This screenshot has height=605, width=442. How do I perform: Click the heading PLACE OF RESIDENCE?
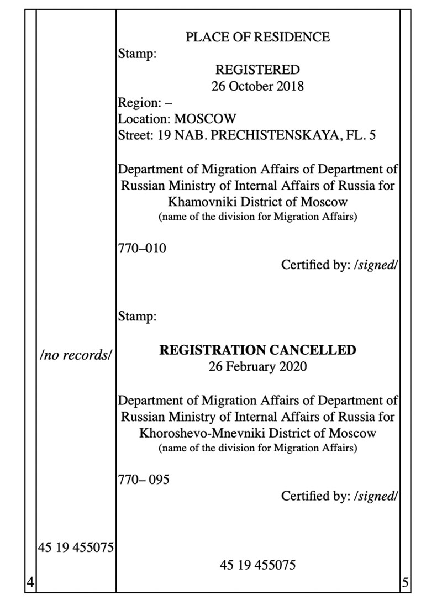(x=257, y=37)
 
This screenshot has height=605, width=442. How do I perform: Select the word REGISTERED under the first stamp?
(x=257, y=70)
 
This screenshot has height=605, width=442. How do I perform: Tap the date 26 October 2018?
(x=257, y=86)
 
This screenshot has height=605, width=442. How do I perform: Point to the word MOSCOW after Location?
(x=206, y=119)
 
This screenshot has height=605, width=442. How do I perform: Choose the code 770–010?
(x=142, y=248)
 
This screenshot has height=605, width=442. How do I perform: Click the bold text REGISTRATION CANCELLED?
(x=257, y=350)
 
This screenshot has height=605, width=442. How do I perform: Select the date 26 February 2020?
(x=257, y=366)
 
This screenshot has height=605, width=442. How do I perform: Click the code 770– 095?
(x=144, y=480)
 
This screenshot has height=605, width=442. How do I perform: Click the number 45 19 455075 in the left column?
(x=76, y=548)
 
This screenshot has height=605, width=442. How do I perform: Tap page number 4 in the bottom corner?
(x=30, y=581)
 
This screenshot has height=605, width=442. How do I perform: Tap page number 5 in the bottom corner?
(x=405, y=581)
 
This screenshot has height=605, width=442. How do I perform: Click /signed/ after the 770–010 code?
(x=376, y=265)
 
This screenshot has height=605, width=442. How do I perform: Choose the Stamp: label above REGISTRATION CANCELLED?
(x=138, y=317)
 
